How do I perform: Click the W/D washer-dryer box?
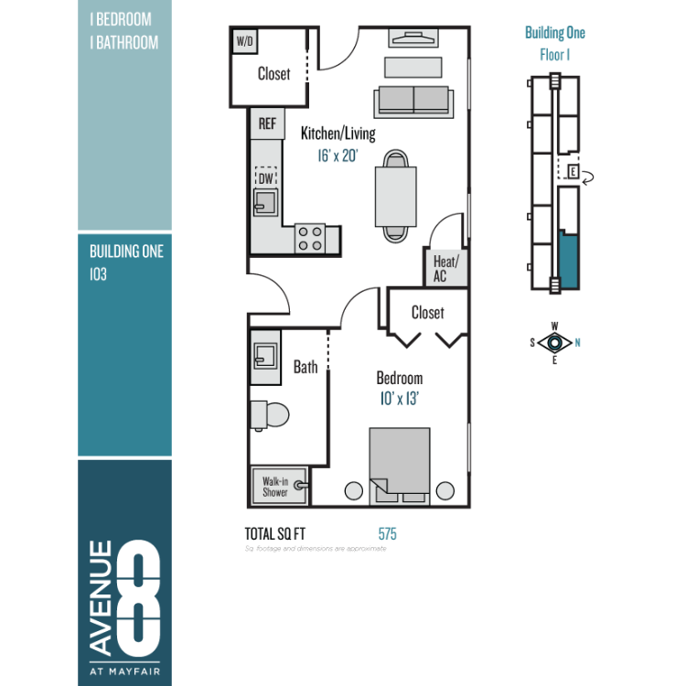244,41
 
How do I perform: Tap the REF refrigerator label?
267,123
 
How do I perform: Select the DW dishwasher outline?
266,177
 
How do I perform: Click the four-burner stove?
310,239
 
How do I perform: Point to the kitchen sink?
265,202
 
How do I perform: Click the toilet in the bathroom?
270,414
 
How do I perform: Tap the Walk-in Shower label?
275,487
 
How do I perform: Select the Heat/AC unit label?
445,269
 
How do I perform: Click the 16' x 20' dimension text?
338,155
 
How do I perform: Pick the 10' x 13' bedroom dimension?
400,399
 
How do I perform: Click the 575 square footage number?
388,534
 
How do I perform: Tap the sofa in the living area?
413,102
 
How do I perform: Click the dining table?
395,197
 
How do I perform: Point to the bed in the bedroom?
400,466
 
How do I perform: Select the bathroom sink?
265,357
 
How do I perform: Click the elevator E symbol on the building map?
573,171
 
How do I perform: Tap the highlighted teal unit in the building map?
569,260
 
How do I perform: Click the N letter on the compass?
577,343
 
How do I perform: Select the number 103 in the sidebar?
99,274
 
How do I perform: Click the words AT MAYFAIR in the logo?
124,671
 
